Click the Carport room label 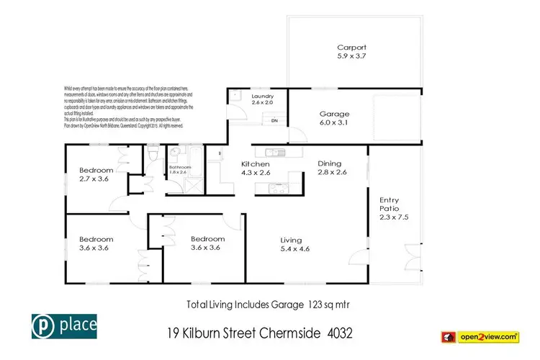(351, 48)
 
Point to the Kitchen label (255, 164)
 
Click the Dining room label (332, 163)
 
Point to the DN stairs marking (274, 120)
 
